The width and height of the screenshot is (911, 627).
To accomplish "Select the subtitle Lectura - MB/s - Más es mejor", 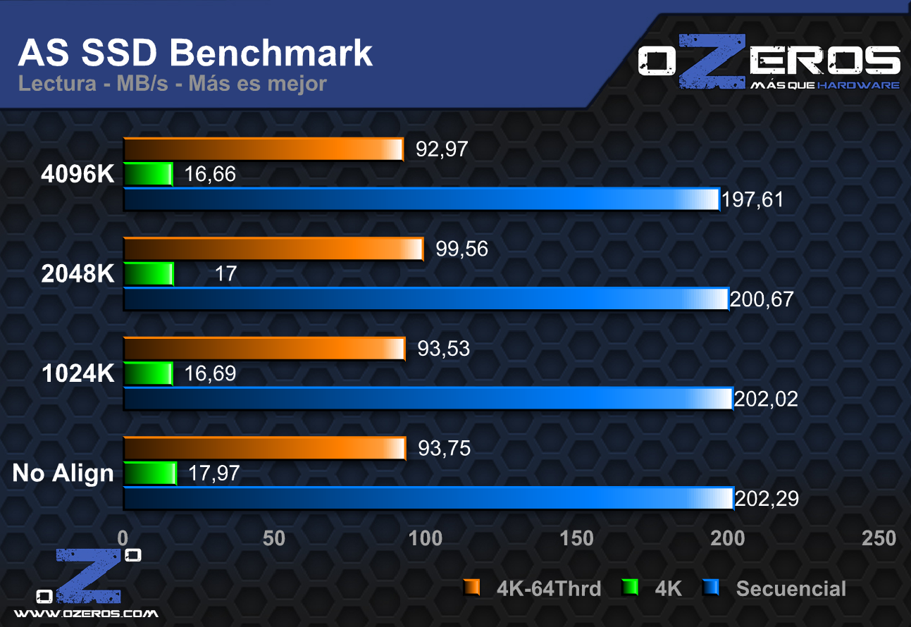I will (x=173, y=84).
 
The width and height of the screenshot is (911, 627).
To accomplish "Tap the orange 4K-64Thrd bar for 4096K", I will (x=263, y=149).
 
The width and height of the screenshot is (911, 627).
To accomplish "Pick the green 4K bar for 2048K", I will (x=149, y=274).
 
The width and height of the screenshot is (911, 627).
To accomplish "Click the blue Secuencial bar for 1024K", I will (x=428, y=399).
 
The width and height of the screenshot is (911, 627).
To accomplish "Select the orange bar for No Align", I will (x=264, y=449).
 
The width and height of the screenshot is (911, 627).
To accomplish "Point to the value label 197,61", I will (x=752, y=200).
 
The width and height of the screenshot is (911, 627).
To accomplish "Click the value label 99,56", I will (x=461, y=249).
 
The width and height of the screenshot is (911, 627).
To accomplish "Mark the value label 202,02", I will (x=766, y=399).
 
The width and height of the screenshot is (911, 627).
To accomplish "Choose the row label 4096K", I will (x=78, y=175).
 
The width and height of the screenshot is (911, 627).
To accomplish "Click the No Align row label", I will (x=63, y=473).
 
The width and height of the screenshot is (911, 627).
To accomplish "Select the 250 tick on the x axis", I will (x=879, y=539).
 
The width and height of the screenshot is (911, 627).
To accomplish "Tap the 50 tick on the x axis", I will (x=274, y=539).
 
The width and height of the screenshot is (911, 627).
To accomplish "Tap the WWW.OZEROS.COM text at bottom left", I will (x=87, y=614).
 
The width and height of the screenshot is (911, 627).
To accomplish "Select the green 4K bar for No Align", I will (x=149, y=473).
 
